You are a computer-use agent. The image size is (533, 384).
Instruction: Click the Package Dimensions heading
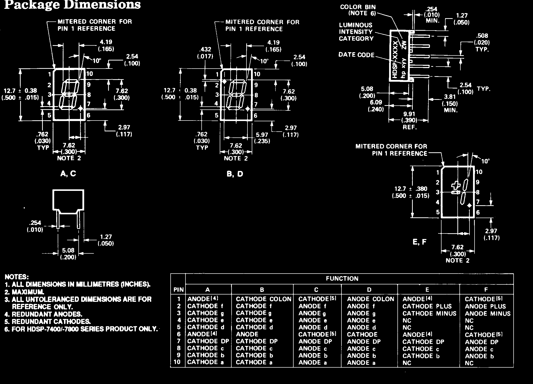pos(72,5)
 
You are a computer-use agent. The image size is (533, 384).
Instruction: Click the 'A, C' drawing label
pos(68,173)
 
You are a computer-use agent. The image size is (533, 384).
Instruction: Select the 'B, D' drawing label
pos(235,174)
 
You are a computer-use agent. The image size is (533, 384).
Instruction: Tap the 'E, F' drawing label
pos(420,242)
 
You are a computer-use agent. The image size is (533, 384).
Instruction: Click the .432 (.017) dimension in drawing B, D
pos(205,53)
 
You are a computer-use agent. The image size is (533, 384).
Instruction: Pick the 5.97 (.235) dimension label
pos(262,138)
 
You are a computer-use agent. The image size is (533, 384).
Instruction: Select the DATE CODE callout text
pos(356,55)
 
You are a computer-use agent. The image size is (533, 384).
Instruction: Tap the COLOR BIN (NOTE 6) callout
pos(358,10)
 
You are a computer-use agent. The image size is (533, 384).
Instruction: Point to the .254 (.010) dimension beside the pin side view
pos(35,226)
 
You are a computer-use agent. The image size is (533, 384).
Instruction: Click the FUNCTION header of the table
pos(342,279)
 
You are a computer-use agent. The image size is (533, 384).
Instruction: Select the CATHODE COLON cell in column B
pos(263,299)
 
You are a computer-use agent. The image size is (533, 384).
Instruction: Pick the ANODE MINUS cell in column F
pos(487,314)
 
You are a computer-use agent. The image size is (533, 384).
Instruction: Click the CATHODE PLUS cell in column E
pos(427,306)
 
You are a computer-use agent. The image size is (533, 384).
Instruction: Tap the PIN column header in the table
pos(178,290)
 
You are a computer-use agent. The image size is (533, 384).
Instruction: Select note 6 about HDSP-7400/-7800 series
pos(81,329)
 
